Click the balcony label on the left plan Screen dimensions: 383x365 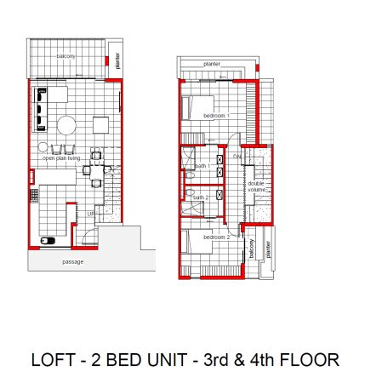[x=66, y=56]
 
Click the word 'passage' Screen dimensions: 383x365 [x=73, y=262]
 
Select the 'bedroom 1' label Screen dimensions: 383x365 [x=216, y=115]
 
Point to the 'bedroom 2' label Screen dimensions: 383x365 [x=217, y=237]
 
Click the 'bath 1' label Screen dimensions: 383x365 [x=201, y=166]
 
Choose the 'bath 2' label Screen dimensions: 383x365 [x=201, y=197]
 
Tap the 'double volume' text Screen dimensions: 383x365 [x=257, y=187]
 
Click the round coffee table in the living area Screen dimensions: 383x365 [x=66, y=126]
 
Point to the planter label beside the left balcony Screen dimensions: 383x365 [x=117, y=60]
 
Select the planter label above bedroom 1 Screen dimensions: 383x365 [x=212, y=65]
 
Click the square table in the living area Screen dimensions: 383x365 [x=100, y=125]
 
